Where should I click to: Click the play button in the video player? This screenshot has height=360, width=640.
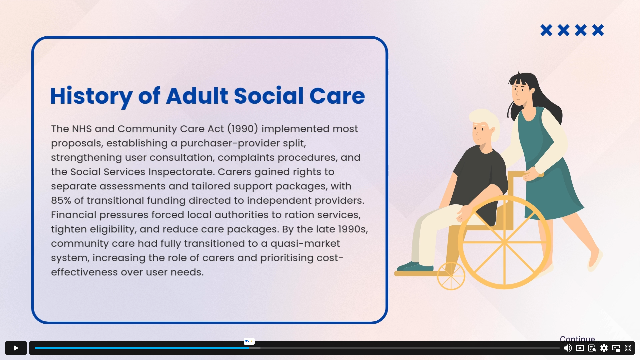16,348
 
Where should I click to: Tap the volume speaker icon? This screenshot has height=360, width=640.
568,348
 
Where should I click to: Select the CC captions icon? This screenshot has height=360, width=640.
580,348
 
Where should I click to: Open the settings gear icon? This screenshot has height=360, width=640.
604,348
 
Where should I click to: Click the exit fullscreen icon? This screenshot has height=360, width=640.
628,348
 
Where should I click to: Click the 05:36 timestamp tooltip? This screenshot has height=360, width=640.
249,341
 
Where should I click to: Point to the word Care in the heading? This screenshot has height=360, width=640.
337,96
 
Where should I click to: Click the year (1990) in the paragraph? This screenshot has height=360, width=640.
243,129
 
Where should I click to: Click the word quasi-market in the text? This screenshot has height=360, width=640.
305,244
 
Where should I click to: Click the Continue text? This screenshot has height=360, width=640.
577,339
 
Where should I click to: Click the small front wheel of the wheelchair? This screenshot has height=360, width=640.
451,276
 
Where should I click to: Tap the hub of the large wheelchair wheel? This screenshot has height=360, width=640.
504,242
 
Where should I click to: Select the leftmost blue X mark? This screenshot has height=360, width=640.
546,30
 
